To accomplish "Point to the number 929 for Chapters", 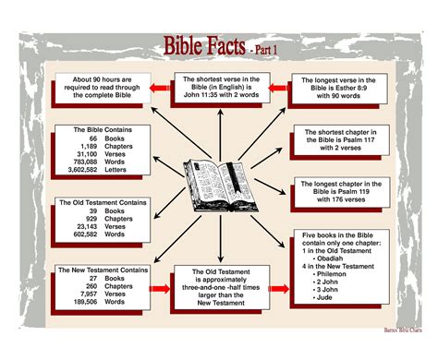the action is point(91,218).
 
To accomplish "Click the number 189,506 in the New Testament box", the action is point(86,299).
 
